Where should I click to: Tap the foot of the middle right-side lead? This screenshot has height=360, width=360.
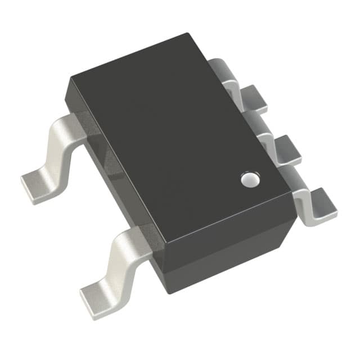tap(287, 149)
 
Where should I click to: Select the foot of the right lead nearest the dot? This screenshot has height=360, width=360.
tap(322, 206)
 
